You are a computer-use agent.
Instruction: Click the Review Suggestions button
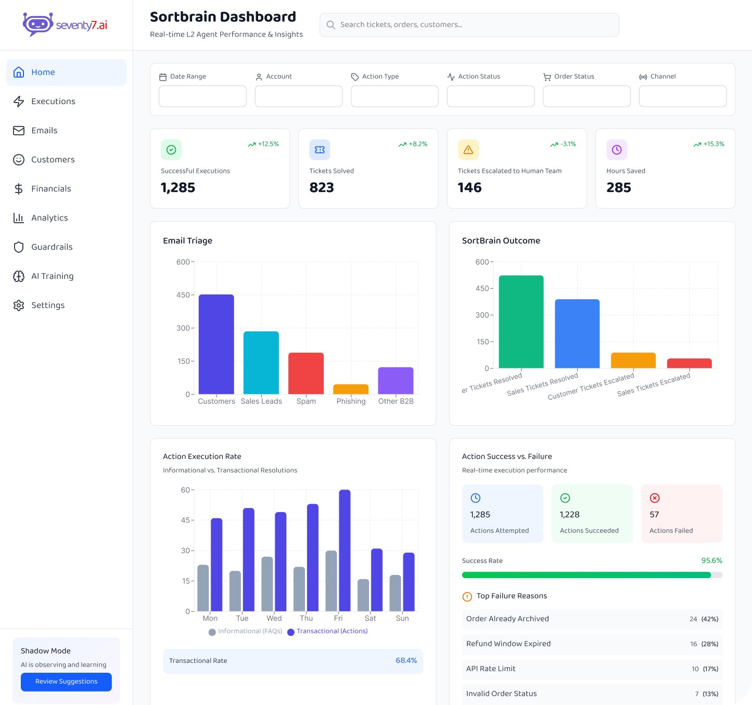tap(66, 682)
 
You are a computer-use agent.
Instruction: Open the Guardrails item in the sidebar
tap(52, 247)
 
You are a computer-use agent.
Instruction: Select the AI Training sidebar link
tap(52, 276)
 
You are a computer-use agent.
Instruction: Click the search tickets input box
tap(469, 25)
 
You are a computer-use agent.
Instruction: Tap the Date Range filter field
tap(202, 96)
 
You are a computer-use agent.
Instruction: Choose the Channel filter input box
tap(682, 96)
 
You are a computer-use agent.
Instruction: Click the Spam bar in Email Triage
tap(306, 373)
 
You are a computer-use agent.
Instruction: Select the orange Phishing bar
tap(351, 389)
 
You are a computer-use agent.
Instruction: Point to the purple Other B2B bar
tap(396, 380)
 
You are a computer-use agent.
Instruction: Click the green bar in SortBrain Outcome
tap(521, 322)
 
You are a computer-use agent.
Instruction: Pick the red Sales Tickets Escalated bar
tap(689, 363)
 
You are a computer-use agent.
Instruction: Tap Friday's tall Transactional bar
tap(345, 550)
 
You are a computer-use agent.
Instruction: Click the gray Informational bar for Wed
tap(267, 584)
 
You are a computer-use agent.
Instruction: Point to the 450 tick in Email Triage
tap(183, 295)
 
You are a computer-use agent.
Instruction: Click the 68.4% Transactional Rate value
tap(406, 661)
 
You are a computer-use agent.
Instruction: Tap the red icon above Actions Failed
tap(655, 498)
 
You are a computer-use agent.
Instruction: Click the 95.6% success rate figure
tap(711, 561)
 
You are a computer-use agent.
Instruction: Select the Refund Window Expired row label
tap(508, 644)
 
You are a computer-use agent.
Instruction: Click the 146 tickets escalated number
tap(469, 187)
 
